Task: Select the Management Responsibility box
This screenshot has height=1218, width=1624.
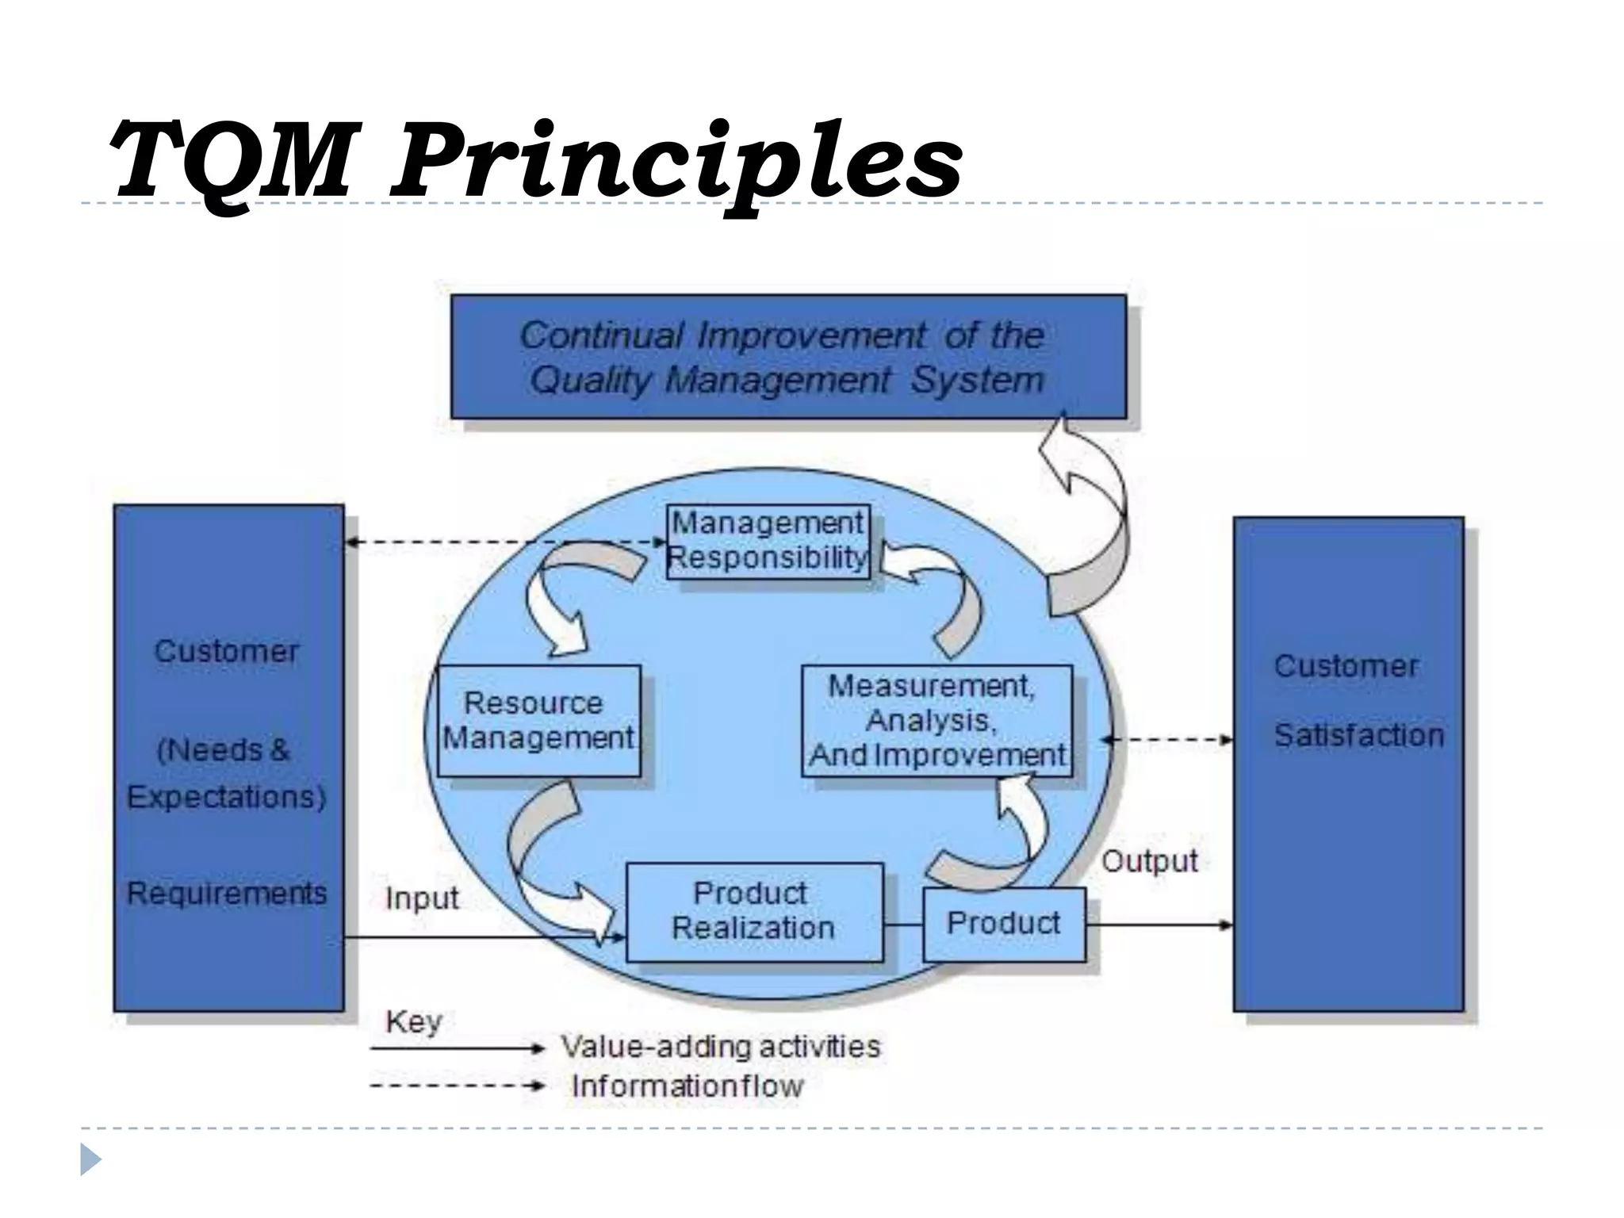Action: coord(768,541)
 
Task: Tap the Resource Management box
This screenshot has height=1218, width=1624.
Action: coord(538,720)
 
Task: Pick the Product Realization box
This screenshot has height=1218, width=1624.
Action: coord(753,911)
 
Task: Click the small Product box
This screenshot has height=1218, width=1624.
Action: coord(1003,924)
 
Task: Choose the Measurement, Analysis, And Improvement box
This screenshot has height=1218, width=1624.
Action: coord(936,720)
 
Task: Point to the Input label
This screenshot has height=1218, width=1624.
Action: coord(422,898)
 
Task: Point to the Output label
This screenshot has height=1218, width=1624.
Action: coord(1149,861)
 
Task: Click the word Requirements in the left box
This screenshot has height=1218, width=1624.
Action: coord(227,894)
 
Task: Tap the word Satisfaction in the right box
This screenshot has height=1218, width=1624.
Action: coord(1358,736)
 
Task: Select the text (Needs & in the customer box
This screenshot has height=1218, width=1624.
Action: coord(225,750)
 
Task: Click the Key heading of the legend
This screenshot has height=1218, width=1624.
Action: coord(413,1022)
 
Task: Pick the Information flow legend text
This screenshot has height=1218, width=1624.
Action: coord(687,1086)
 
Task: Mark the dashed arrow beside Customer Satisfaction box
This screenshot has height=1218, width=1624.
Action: coord(1167,740)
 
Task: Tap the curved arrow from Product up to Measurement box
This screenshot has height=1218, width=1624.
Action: coord(999,841)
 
